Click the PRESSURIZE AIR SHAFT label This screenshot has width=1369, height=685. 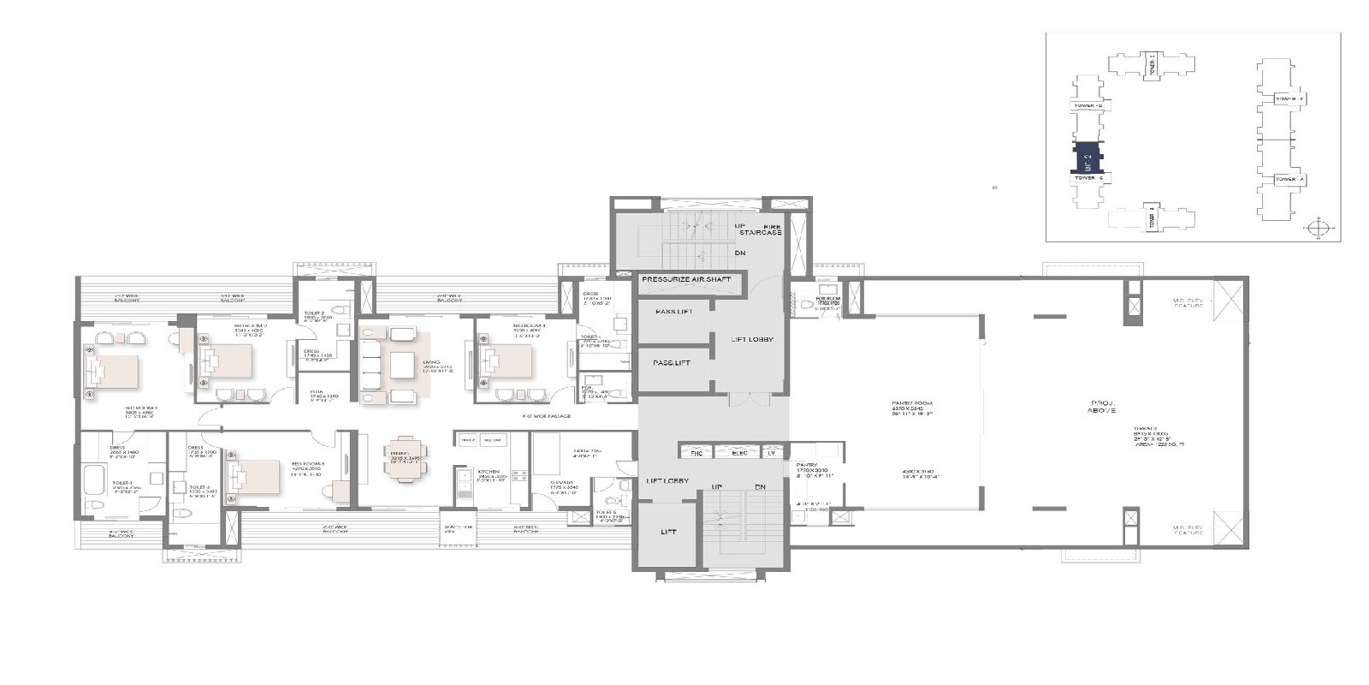click(686, 280)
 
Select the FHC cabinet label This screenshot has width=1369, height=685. click(696, 451)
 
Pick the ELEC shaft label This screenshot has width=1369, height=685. click(739, 451)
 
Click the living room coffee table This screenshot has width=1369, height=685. click(402, 365)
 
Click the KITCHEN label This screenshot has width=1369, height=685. click(489, 472)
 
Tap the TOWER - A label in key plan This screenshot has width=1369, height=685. click(1289, 179)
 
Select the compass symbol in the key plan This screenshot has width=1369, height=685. click(1319, 229)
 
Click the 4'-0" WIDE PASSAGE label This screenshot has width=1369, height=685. click(548, 416)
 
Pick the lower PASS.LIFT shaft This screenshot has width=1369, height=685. click(673, 362)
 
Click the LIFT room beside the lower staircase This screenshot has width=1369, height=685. click(668, 533)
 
